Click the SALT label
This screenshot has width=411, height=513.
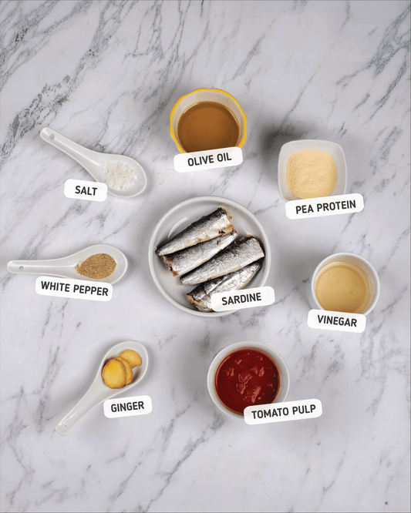[86, 190]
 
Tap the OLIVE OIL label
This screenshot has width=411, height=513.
[209, 159]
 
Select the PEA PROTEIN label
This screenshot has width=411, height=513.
[325, 206]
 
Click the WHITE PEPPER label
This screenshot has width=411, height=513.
[74, 288]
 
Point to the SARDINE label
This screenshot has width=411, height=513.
[241, 299]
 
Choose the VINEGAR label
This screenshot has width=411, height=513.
[337, 320]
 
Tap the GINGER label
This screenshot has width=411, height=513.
[127, 407]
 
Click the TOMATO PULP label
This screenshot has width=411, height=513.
[283, 411]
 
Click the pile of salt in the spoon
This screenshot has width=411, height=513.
[120, 176]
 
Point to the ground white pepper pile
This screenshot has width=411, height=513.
[96, 267]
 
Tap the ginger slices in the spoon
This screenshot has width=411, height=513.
[121, 368]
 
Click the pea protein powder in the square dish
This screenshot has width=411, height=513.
[312, 174]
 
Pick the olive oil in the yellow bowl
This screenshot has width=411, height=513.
[208, 126]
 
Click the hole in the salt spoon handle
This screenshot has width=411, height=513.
[52, 136]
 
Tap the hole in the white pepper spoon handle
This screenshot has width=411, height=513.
[22, 268]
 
